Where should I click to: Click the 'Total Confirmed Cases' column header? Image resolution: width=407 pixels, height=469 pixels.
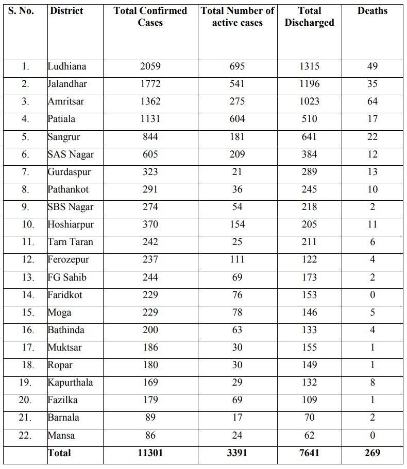(x=150, y=16)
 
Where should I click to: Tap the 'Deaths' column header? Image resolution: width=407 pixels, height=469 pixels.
(x=372, y=11)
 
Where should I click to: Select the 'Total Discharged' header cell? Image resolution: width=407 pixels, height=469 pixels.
(x=309, y=16)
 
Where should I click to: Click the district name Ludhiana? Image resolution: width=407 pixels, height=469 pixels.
(x=67, y=66)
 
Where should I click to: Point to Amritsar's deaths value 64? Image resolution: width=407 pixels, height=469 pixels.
(x=372, y=101)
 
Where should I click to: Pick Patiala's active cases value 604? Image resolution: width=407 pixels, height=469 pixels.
(x=238, y=119)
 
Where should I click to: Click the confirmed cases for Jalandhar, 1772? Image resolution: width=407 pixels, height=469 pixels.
(x=150, y=84)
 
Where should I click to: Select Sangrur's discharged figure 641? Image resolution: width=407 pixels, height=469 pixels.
(x=309, y=137)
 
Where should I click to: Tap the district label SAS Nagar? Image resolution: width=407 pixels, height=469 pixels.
(x=71, y=154)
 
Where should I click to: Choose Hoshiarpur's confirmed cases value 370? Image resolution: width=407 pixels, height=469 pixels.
(x=150, y=224)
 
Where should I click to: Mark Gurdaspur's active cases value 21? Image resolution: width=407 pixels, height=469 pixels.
(x=238, y=172)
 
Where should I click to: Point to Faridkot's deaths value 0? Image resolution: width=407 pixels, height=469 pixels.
(x=372, y=295)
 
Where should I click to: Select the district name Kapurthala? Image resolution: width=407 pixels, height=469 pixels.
(x=70, y=383)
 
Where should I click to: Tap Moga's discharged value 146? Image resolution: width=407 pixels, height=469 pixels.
(x=309, y=312)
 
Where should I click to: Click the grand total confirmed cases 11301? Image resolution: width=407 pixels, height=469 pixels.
(x=150, y=453)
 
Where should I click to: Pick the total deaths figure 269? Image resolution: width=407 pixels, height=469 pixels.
(x=372, y=453)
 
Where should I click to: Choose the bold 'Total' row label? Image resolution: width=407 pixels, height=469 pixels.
(x=59, y=453)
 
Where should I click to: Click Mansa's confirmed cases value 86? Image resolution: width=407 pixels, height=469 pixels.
(x=150, y=436)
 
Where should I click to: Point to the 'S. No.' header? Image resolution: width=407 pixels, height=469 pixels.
(x=22, y=11)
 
